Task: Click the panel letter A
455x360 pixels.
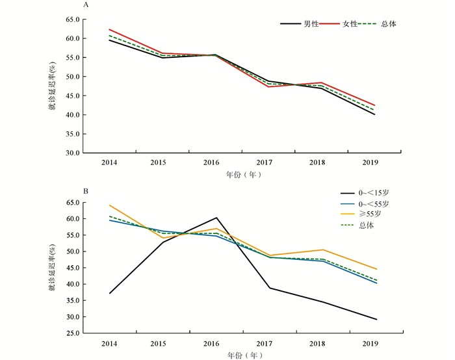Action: point(86,5)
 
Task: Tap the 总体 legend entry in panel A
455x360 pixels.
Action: point(389,24)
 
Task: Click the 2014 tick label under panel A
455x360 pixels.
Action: point(109,161)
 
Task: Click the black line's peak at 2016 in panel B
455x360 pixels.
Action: point(216,218)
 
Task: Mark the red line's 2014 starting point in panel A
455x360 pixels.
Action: point(109,29)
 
